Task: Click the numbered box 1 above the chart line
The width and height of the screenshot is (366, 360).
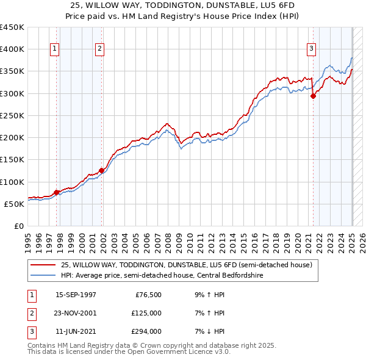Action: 55,49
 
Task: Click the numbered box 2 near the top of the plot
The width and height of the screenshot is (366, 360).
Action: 99,49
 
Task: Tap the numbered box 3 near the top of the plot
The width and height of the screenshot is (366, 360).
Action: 311,49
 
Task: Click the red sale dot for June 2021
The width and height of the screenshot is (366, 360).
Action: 313,96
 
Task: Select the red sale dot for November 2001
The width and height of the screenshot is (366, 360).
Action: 102,170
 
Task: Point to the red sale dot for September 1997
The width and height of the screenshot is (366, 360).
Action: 57,192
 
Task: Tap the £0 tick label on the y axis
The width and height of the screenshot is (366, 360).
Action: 18,226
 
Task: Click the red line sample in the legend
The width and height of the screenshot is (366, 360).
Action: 43,265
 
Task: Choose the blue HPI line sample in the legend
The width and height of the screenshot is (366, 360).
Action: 43,275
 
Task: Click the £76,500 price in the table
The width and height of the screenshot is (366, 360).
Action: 148,294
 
